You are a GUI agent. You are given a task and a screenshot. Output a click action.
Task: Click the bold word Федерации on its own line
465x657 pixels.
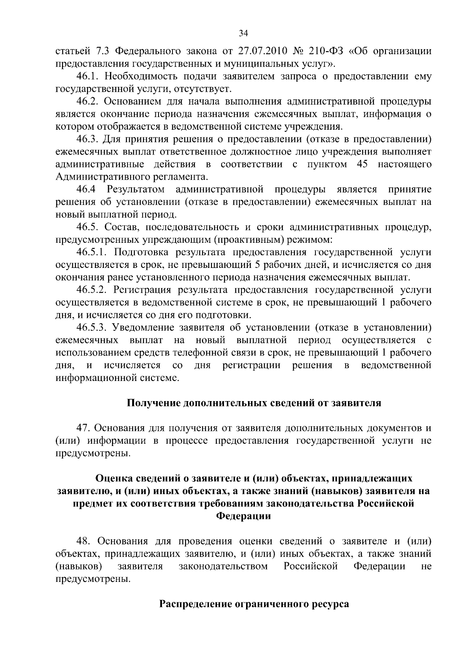click(x=243, y=516)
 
